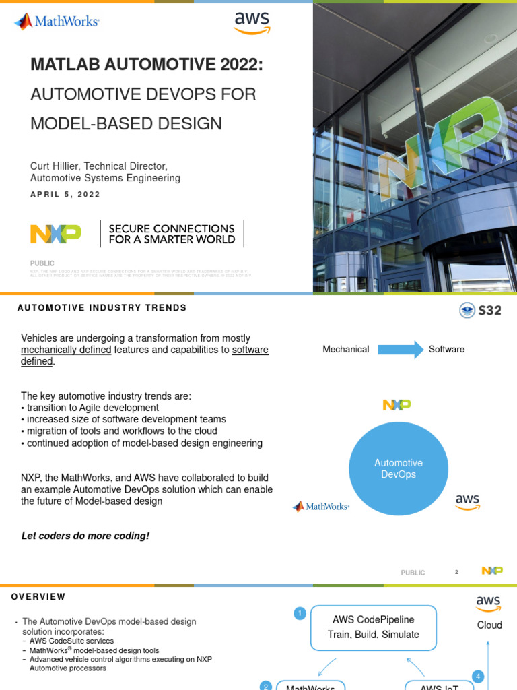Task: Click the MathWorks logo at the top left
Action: (57, 22)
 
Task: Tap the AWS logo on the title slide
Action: (252, 22)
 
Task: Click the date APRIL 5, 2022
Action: (65, 195)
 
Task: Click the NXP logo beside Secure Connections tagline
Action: (56, 234)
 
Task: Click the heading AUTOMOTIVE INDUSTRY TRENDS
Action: (102, 308)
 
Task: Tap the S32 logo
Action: (480, 310)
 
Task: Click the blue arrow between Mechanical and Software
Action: (401, 349)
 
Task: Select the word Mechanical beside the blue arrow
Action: (346, 349)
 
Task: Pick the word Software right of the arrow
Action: (446, 349)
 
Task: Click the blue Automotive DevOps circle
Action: (398, 469)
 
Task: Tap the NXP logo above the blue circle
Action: (397, 405)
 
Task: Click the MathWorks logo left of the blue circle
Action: (320, 507)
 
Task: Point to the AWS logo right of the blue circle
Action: (467, 502)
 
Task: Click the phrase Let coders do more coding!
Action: (85, 536)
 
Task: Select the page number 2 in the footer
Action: (456, 572)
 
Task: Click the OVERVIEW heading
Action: (38, 597)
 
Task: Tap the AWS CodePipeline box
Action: (374, 627)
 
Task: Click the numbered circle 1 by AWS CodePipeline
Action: (300, 613)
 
